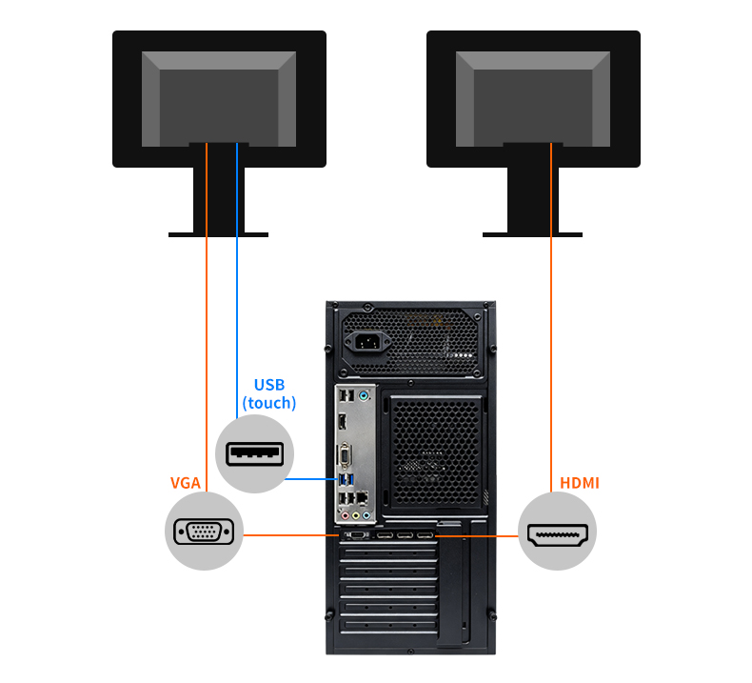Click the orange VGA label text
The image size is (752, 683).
click(x=186, y=483)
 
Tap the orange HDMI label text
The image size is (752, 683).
click(x=580, y=483)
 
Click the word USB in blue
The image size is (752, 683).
click(x=269, y=385)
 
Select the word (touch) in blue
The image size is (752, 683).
click(x=269, y=403)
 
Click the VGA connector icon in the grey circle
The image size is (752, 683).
click(x=204, y=532)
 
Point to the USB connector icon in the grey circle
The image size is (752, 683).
click(x=254, y=453)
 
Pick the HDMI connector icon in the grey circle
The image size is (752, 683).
click(x=557, y=534)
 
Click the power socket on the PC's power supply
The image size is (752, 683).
click(x=367, y=342)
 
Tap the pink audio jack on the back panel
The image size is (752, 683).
click(x=346, y=516)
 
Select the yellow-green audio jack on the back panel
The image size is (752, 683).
click(x=356, y=516)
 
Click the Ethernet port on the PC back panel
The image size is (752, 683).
click(x=363, y=498)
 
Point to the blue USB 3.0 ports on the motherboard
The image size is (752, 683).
click(x=346, y=479)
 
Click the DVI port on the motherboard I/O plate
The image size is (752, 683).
click(x=345, y=456)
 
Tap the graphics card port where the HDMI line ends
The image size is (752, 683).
click(x=425, y=535)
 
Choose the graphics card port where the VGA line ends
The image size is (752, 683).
click(x=355, y=535)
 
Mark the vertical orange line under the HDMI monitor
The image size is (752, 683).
click(x=551, y=317)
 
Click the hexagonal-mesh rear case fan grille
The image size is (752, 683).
click(x=436, y=452)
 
